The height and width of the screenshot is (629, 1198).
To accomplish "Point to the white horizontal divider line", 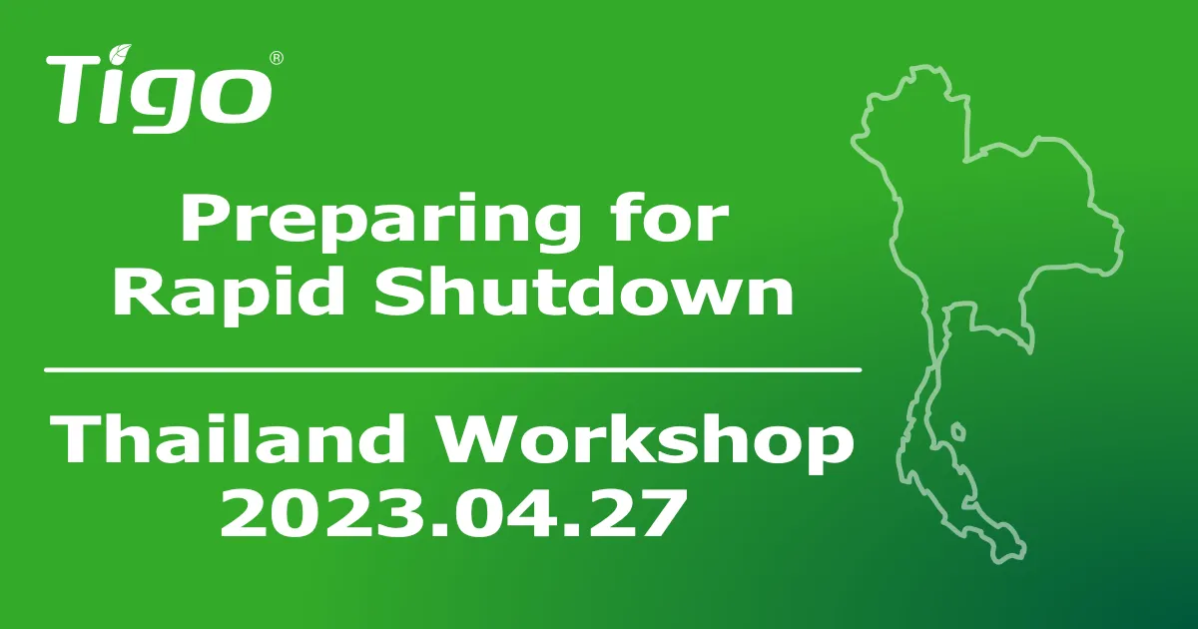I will (452, 370).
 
